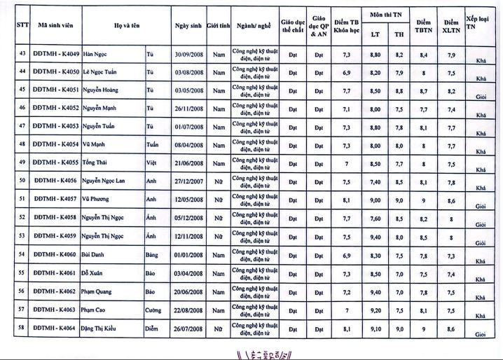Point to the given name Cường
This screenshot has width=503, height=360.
click(x=153, y=309)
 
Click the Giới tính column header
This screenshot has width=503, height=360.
click(x=219, y=26)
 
